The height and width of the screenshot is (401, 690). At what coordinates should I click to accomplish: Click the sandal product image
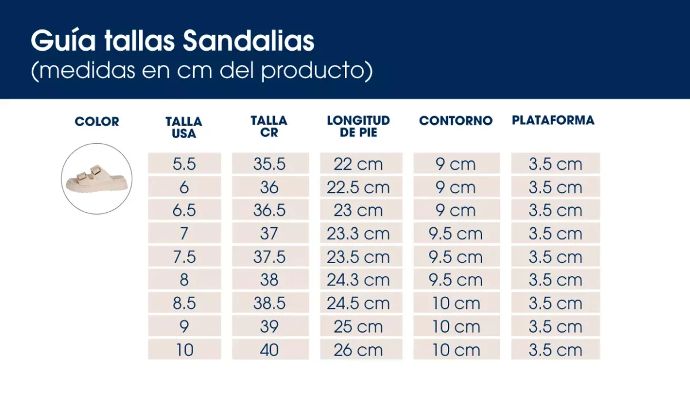(x=97, y=178)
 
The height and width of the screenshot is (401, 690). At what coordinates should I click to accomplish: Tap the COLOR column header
(x=97, y=122)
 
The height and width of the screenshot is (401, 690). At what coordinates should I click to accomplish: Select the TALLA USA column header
(x=184, y=128)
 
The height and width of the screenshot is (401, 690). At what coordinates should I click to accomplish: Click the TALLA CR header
(x=269, y=127)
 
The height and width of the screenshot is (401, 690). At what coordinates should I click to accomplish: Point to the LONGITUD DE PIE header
(x=358, y=127)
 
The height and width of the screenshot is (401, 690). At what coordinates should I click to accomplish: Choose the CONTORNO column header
(x=456, y=121)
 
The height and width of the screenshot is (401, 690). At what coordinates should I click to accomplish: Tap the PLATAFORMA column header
(x=553, y=120)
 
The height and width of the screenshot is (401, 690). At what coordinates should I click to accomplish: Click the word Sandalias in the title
(x=248, y=41)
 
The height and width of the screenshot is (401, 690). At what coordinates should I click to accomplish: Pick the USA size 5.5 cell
(x=184, y=164)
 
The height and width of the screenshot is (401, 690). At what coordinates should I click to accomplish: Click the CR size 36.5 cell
(x=269, y=211)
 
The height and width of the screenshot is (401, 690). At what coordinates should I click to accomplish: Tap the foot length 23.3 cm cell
(x=358, y=234)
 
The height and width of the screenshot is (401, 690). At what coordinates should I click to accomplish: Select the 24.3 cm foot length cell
(x=358, y=280)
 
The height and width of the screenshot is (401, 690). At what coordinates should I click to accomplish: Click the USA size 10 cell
(x=184, y=350)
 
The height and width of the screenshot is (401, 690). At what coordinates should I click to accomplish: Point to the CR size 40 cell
(x=269, y=350)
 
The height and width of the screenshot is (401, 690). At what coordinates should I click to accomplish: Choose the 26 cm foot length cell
(x=358, y=350)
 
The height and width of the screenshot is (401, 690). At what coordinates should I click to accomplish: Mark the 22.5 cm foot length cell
(x=358, y=188)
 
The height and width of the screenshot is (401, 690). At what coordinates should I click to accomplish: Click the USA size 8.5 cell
(x=184, y=303)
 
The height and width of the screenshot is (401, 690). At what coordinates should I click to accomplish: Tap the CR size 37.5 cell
(x=269, y=257)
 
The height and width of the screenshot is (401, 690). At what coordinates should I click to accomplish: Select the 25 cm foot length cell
(x=358, y=327)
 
